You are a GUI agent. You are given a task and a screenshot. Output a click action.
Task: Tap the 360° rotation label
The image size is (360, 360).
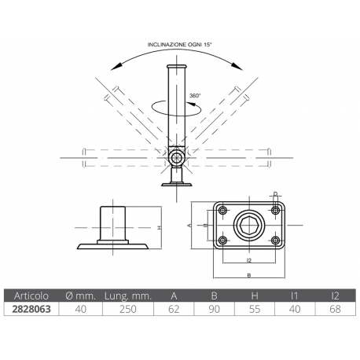(x=194, y=95)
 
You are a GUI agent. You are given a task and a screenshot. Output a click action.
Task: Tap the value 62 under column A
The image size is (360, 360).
(x=173, y=310)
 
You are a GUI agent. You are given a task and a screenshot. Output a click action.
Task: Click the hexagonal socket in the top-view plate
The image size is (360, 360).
(x=248, y=226)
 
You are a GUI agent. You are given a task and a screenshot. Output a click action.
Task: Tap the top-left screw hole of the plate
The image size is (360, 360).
(x=222, y=211)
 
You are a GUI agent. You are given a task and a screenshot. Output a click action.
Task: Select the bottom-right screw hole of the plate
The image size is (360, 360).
(x=275, y=241)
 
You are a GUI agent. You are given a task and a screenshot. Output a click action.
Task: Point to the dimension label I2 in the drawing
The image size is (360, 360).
(x=248, y=259)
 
